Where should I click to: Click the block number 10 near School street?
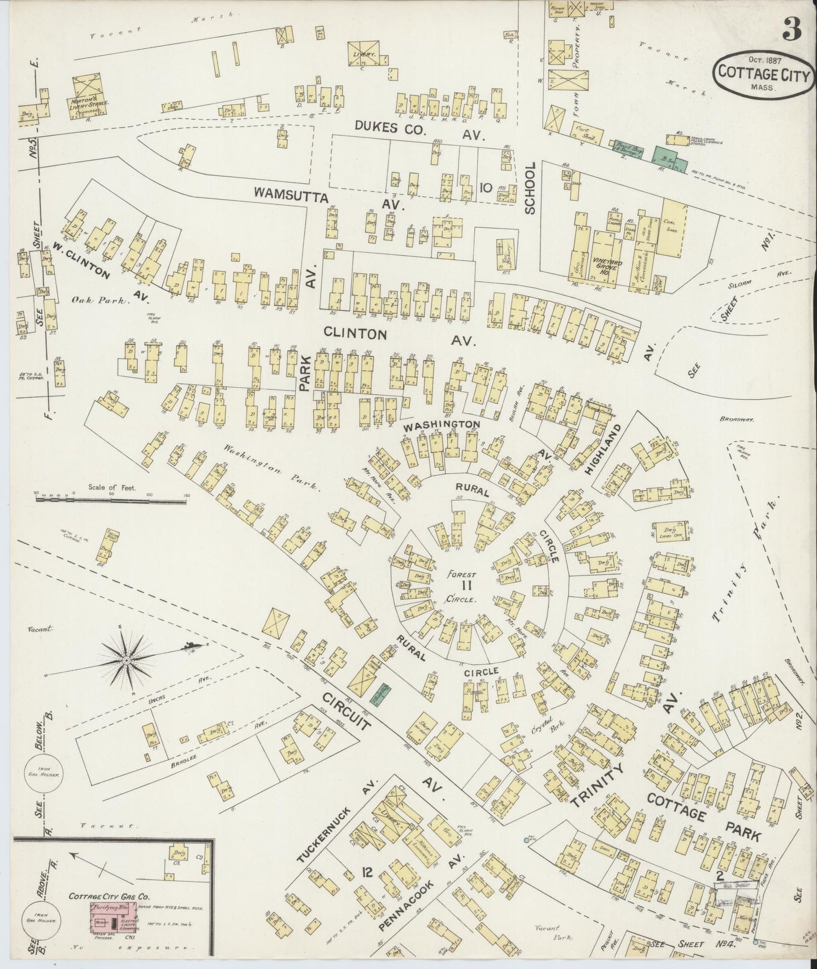click(x=485, y=187)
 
